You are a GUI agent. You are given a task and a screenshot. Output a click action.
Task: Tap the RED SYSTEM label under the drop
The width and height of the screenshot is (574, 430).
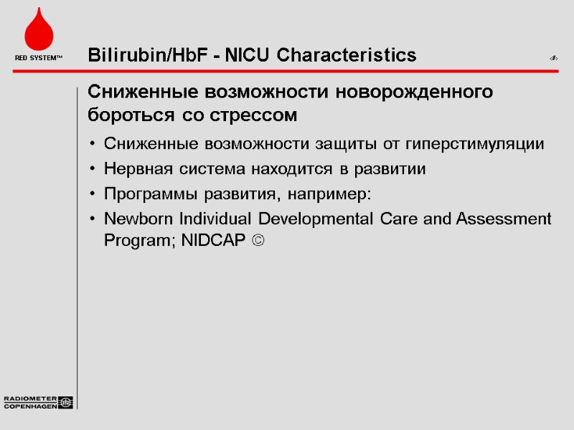pos(39,57)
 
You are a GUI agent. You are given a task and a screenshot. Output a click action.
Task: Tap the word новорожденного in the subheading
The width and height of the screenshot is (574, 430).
pos(419,93)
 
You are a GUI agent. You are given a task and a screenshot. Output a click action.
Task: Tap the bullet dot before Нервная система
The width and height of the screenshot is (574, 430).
pos(93,170)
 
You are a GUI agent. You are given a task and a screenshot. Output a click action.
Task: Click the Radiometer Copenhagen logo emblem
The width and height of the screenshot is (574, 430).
pos(66,403)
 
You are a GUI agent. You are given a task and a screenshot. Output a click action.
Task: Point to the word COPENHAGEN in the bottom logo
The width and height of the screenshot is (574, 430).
pos(31,406)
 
